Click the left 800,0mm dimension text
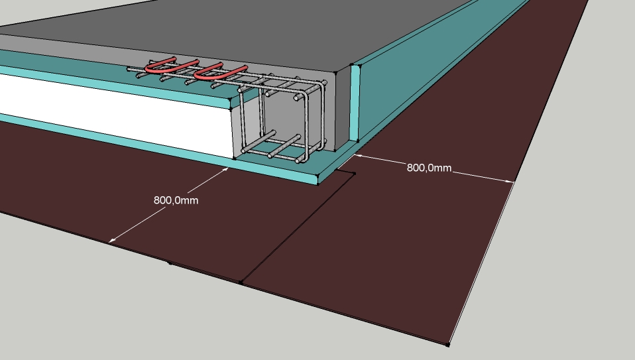(x=176, y=200)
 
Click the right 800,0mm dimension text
(x=429, y=168)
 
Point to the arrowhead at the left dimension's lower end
(x=112, y=240)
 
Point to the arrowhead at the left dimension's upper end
(x=225, y=170)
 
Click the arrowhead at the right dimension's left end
(x=357, y=156)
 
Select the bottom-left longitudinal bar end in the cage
(x=243, y=150)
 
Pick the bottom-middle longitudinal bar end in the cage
(x=270, y=155)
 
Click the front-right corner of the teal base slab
(x=318, y=184)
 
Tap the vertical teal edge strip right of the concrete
(x=355, y=103)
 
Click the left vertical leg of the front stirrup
(x=242, y=121)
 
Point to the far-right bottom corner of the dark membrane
(x=448, y=345)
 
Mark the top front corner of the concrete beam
(x=335, y=73)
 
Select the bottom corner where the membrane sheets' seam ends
(x=241, y=282)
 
